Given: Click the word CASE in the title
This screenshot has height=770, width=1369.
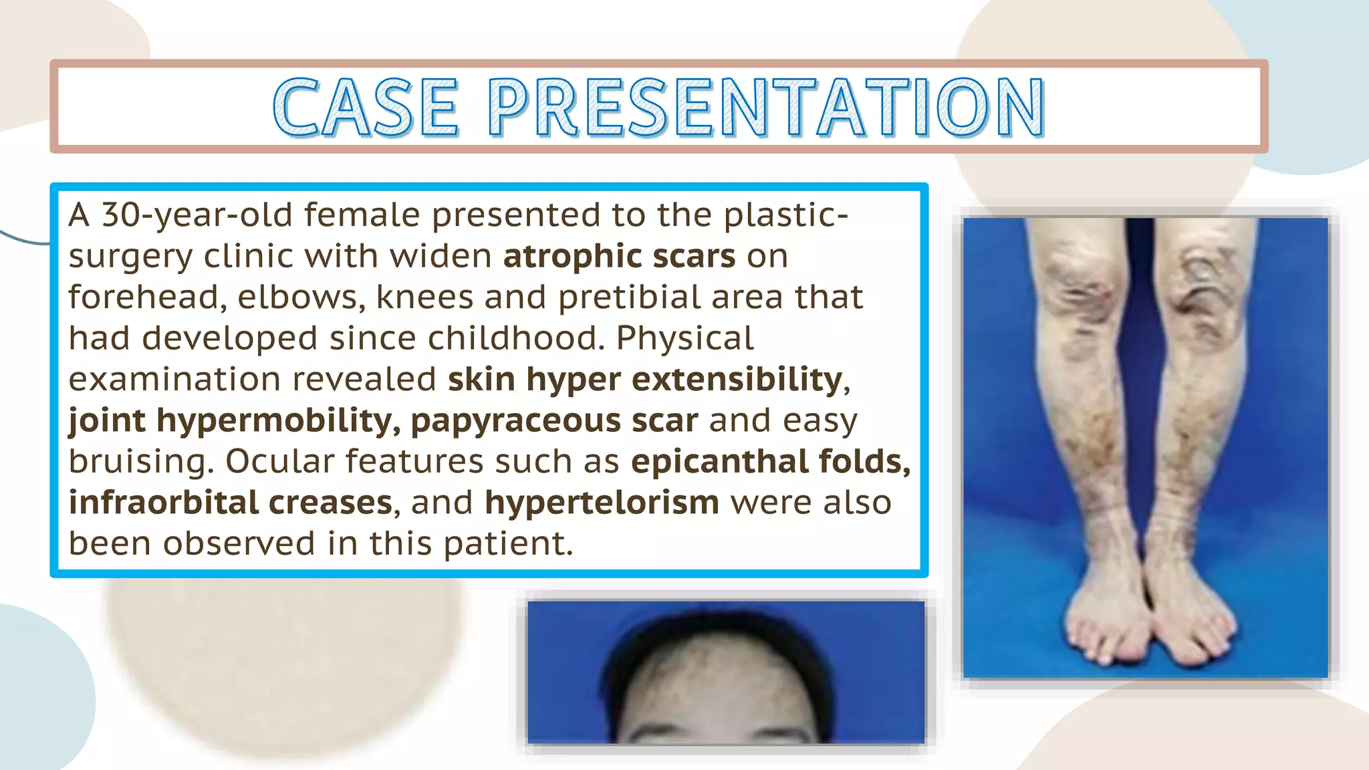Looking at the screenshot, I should coord(366,107).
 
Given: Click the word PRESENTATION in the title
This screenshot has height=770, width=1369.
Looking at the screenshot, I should coord(766,107).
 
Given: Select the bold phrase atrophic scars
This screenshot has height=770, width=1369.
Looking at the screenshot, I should coord(619,257).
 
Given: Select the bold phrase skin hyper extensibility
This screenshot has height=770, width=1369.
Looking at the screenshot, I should coord(644,380).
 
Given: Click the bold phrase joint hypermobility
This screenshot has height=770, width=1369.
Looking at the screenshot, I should coord(233,421).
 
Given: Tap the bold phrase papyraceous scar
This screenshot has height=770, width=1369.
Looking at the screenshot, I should coord(554,421).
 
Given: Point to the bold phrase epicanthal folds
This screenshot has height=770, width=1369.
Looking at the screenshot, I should coord(769,462).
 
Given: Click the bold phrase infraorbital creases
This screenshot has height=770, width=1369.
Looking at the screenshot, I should coord(230,503).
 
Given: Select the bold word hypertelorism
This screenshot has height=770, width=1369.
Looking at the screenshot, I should coord(602,503).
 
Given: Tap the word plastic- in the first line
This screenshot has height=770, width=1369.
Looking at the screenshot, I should coord(786,215).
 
